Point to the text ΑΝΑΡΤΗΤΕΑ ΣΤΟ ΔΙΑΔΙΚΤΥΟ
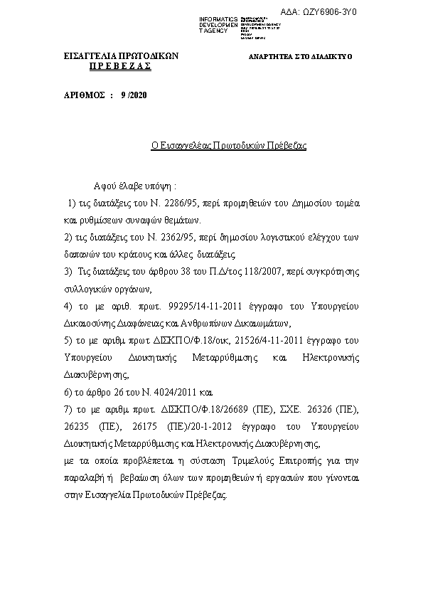pos(300,56)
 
